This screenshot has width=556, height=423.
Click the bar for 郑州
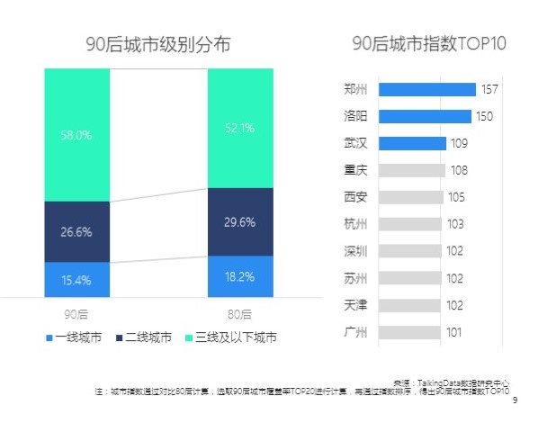click(426, 89)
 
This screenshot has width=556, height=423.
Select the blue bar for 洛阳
click(425, 116)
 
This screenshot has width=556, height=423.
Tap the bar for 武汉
click(412, 143)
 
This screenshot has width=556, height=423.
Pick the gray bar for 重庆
click(411, 170)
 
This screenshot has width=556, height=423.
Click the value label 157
click(489, 89)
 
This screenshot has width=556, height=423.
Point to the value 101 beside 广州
click(453, 333)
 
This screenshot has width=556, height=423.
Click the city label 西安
click(355, 197)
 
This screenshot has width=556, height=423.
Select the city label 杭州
click(355, 224)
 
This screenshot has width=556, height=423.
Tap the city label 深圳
click(355, 251)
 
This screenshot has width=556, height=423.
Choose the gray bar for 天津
click(410, 306)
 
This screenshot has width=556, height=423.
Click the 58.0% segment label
click(76, 135)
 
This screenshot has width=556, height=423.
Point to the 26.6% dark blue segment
click(76, 232)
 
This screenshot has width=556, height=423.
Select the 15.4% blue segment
click(76, 280)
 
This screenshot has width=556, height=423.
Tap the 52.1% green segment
click(239, 129)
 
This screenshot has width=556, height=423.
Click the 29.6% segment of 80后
click(239, 222)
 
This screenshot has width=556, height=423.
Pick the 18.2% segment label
click(239, 277)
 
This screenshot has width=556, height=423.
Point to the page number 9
click(515, 401)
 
